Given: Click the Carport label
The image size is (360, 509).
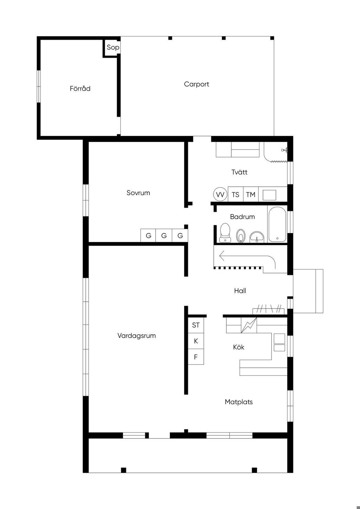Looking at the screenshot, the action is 197,84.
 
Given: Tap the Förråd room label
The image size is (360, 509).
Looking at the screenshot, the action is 80,88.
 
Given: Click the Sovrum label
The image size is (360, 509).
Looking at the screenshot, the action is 138,193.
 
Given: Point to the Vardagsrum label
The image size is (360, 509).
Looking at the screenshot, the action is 137,335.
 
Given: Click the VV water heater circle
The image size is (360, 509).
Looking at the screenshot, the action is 220,194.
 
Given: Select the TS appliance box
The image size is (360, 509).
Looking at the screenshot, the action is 236,194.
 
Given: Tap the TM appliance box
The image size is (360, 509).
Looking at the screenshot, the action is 251,194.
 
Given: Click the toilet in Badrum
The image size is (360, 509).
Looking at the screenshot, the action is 225,232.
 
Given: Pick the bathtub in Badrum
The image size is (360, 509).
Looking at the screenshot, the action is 277,225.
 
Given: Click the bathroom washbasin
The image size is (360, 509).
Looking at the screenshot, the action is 257,237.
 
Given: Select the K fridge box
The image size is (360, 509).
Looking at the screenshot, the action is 196,341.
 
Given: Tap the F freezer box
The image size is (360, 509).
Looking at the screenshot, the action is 196,357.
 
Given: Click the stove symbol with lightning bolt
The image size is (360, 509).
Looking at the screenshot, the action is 249,325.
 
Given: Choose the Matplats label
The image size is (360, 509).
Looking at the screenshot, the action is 239,402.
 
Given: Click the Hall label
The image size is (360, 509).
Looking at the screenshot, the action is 240,291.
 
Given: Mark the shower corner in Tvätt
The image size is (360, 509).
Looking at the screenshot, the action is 276,152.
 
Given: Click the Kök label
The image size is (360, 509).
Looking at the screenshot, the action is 239,347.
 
